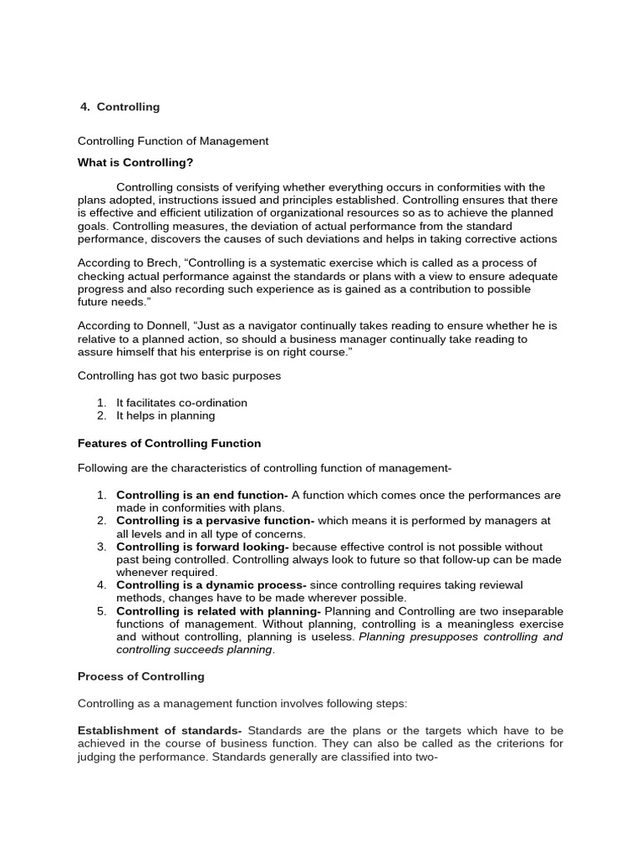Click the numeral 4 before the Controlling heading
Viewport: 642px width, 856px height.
click(x=84, y=107)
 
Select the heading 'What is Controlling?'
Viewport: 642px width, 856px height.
click(x=135, y=162)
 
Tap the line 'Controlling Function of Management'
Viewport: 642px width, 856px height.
click(x=173, y=141)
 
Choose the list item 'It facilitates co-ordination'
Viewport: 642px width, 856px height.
click(x=181, y=403)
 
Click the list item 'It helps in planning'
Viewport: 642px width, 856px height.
click(x=166, y=415)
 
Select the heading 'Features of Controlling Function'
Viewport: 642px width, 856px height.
click(x=169, y=443)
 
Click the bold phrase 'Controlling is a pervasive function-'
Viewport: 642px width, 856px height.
click(x=215, y=521)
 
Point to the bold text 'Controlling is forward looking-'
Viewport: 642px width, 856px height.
click(x=202, y=547)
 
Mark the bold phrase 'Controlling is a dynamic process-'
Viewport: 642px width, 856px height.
click(x=211, y=585)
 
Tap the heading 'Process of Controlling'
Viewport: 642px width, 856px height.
click(x=140, y=676)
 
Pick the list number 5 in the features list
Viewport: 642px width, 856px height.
click(x=101, y=611)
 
